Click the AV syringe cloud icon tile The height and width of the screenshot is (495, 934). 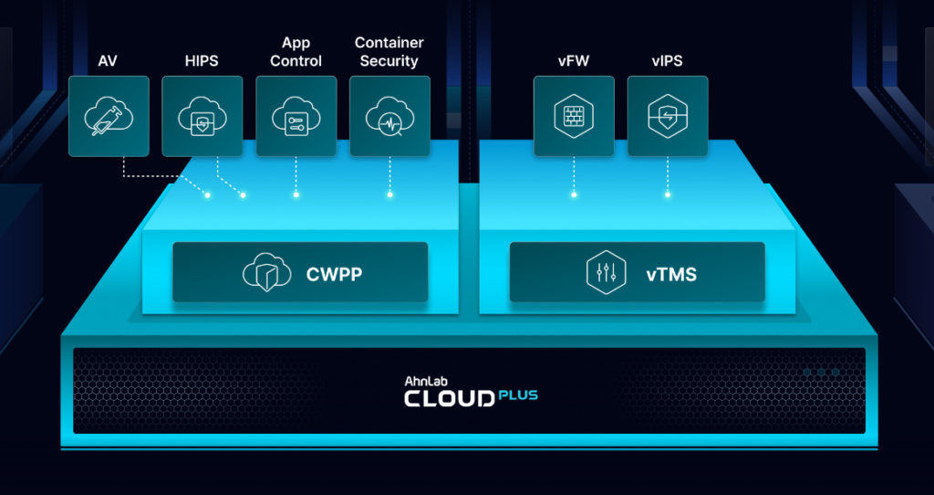[x=109, y=116]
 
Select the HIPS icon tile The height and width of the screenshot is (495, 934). [x=202, y=116]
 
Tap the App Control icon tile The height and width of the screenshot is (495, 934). [x=296, y=116]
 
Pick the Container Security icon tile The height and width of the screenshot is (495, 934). [x=389, y=116]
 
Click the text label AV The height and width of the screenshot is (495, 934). [x=109, y=61]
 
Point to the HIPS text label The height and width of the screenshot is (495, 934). [x=202, y=61]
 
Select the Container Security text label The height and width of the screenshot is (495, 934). [x=389, y=52]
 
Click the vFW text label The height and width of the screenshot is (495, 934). [x=574, y=61]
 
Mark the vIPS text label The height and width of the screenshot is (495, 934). [x=668, y=61]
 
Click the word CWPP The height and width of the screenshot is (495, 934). [x=333, y=272]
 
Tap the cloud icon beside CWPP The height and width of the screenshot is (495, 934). [x=266, y=272]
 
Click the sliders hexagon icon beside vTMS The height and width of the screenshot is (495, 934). [x=606, y=272]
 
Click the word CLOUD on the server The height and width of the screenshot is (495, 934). [x=449, y=399]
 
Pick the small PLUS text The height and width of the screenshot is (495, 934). [x=518, y=395]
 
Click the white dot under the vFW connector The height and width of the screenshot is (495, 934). [x=574, y=194]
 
